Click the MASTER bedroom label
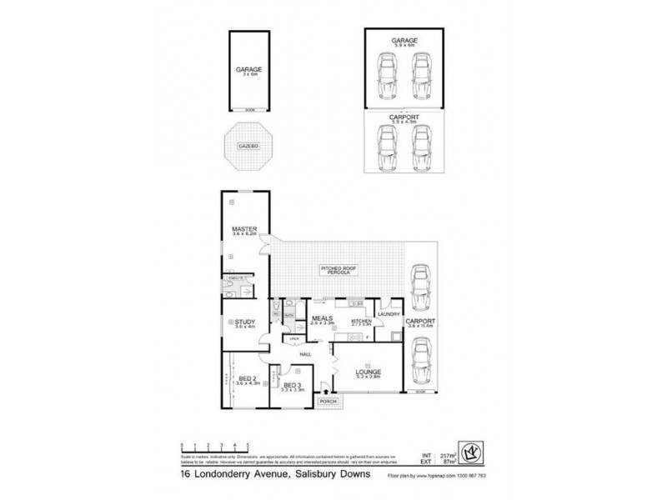coord(244,229)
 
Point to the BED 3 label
coord(292,385)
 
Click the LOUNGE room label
coord(367,372)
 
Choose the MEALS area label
coord(321,317)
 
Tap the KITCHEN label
coord(360,321)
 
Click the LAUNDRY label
coord(389,314)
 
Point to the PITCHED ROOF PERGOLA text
coord(339,268)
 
